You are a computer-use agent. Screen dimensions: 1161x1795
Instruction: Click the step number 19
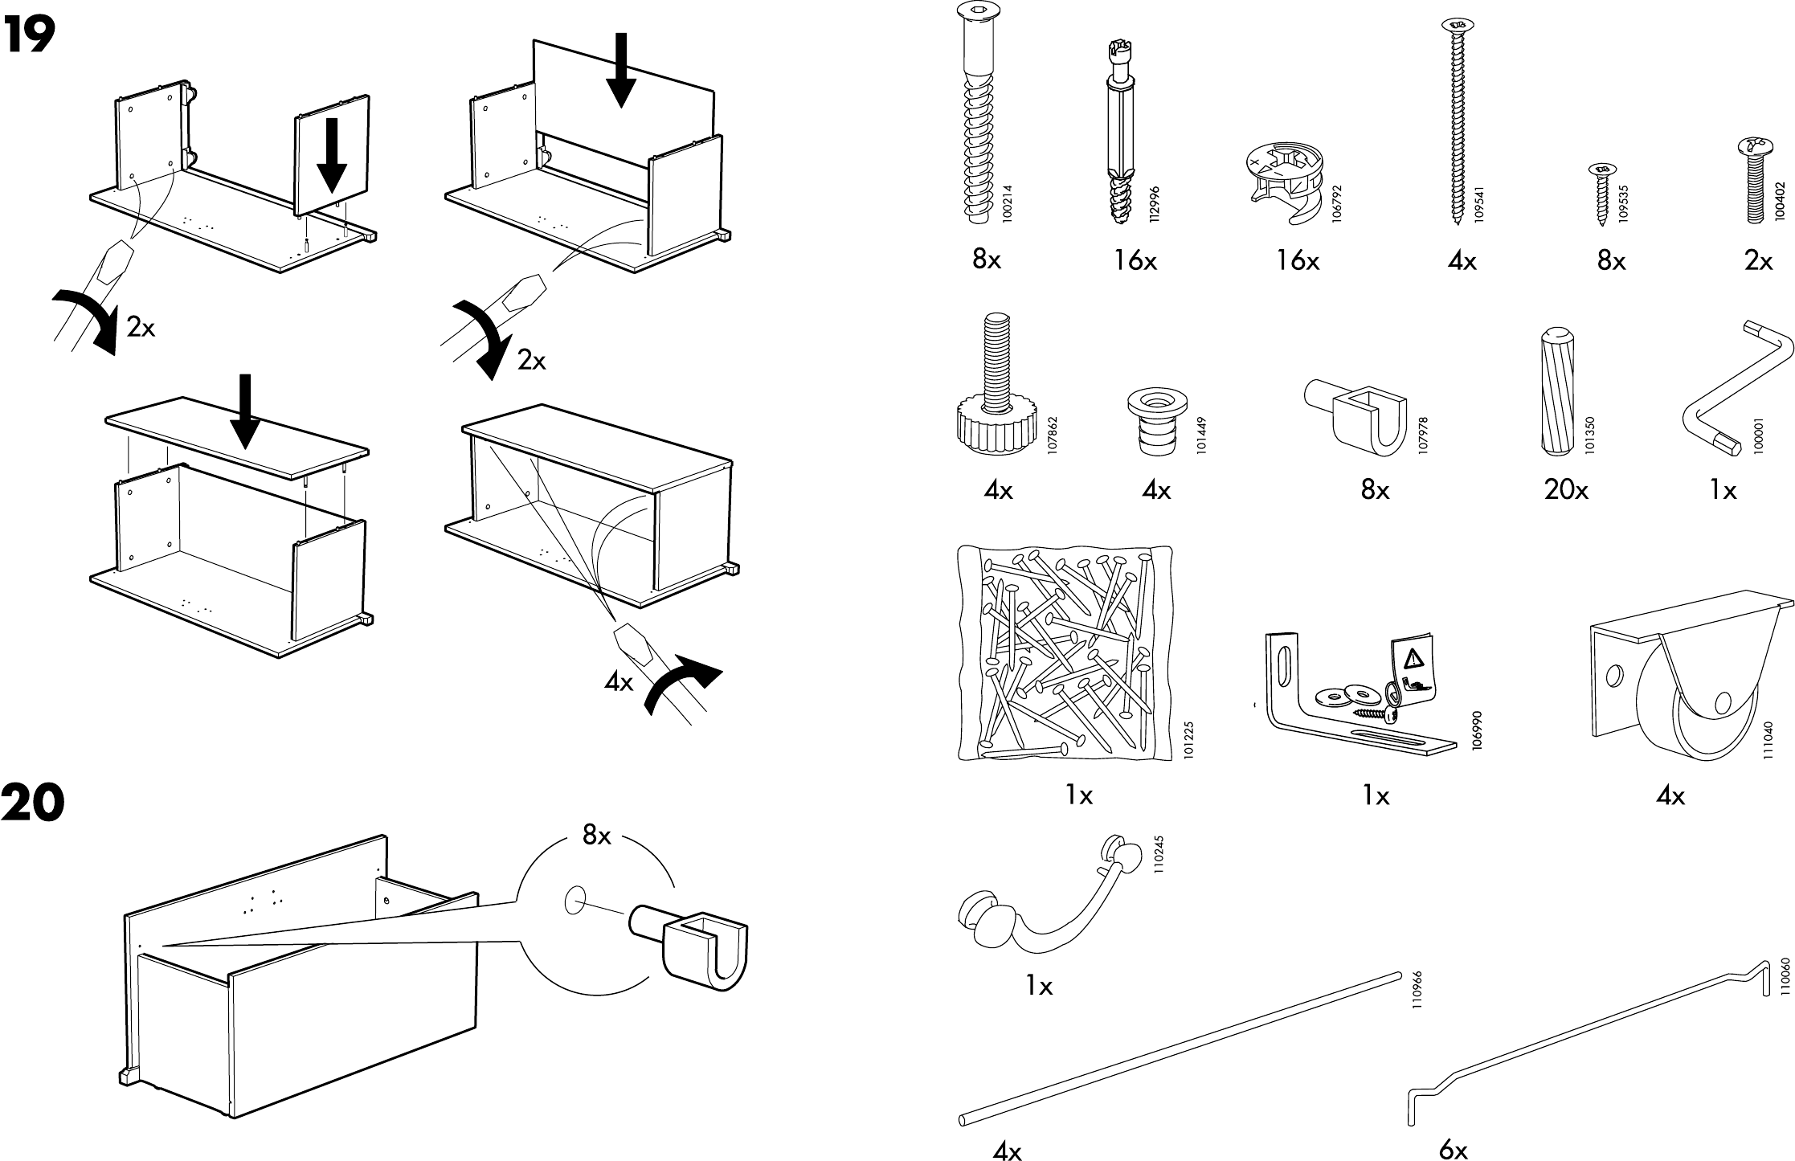(x=30, y=35)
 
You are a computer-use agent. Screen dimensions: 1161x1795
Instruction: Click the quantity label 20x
(x=1565, y=490)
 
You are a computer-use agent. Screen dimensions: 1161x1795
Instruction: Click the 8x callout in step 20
(x=596, y=836)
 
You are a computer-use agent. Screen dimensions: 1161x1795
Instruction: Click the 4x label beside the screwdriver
(x=619, y=683)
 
